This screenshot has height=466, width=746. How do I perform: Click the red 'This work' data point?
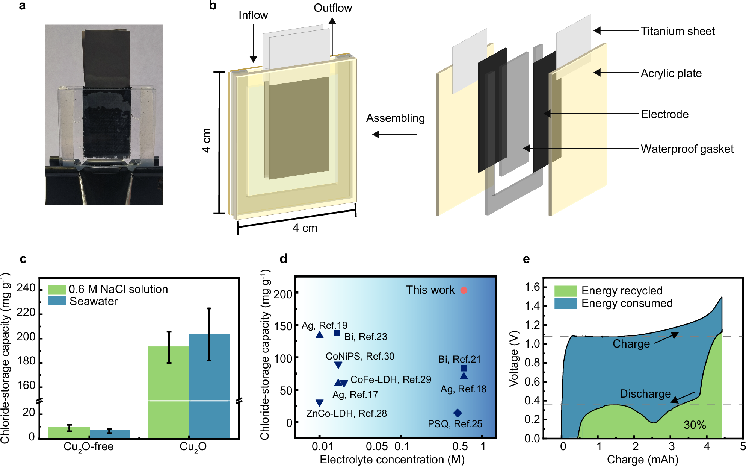[x=464, y=290]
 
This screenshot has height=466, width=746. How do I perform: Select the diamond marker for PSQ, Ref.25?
[x=457, y=413]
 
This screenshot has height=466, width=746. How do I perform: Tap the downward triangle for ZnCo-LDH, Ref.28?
[x=319, y=403]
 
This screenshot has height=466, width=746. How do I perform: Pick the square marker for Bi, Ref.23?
[x=337, y=333]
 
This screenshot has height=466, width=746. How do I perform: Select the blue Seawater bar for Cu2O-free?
[x=110, y=434]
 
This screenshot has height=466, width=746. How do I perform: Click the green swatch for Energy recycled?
[x=565, y=291]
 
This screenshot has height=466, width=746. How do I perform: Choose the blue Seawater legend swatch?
[x=57, y=301]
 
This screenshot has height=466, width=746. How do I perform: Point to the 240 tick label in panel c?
[x=26, y=288]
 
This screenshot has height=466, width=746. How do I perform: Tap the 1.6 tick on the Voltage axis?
[x=532, y=287]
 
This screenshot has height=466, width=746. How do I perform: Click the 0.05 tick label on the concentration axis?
[x=377, y=446]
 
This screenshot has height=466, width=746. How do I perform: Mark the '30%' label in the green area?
[x=695, y=425]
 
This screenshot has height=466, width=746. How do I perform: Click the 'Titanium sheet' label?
[x=677, y=31]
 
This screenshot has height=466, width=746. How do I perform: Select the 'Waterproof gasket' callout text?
[x=687, y=149]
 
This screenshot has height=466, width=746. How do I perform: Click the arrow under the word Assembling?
[x=394, y=134]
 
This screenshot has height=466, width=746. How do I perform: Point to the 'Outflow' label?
[x=333, y=8]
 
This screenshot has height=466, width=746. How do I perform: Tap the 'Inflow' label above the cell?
[x=253, y=15]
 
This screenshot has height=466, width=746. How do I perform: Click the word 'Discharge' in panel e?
[x=645, y=394]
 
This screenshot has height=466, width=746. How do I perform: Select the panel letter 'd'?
[x=283, y=259]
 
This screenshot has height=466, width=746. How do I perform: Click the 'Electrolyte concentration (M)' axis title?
[x=392, y=460]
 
